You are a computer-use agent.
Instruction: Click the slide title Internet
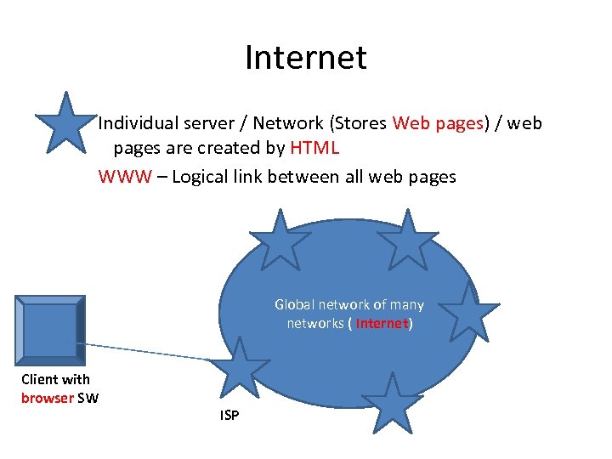[x=305, y=58]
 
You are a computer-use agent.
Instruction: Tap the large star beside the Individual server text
[x=63, y=122]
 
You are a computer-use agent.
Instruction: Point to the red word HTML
[x=314, y=148]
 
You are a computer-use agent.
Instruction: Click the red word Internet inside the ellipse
[x=382, y=323]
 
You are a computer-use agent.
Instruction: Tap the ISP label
[x=229, y=415]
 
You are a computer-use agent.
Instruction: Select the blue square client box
[x=48, y=328]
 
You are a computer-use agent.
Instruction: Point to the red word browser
[x=48, y=397]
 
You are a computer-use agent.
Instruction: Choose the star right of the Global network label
[x=468, y=313]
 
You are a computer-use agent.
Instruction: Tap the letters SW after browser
[x=88, y=397]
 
